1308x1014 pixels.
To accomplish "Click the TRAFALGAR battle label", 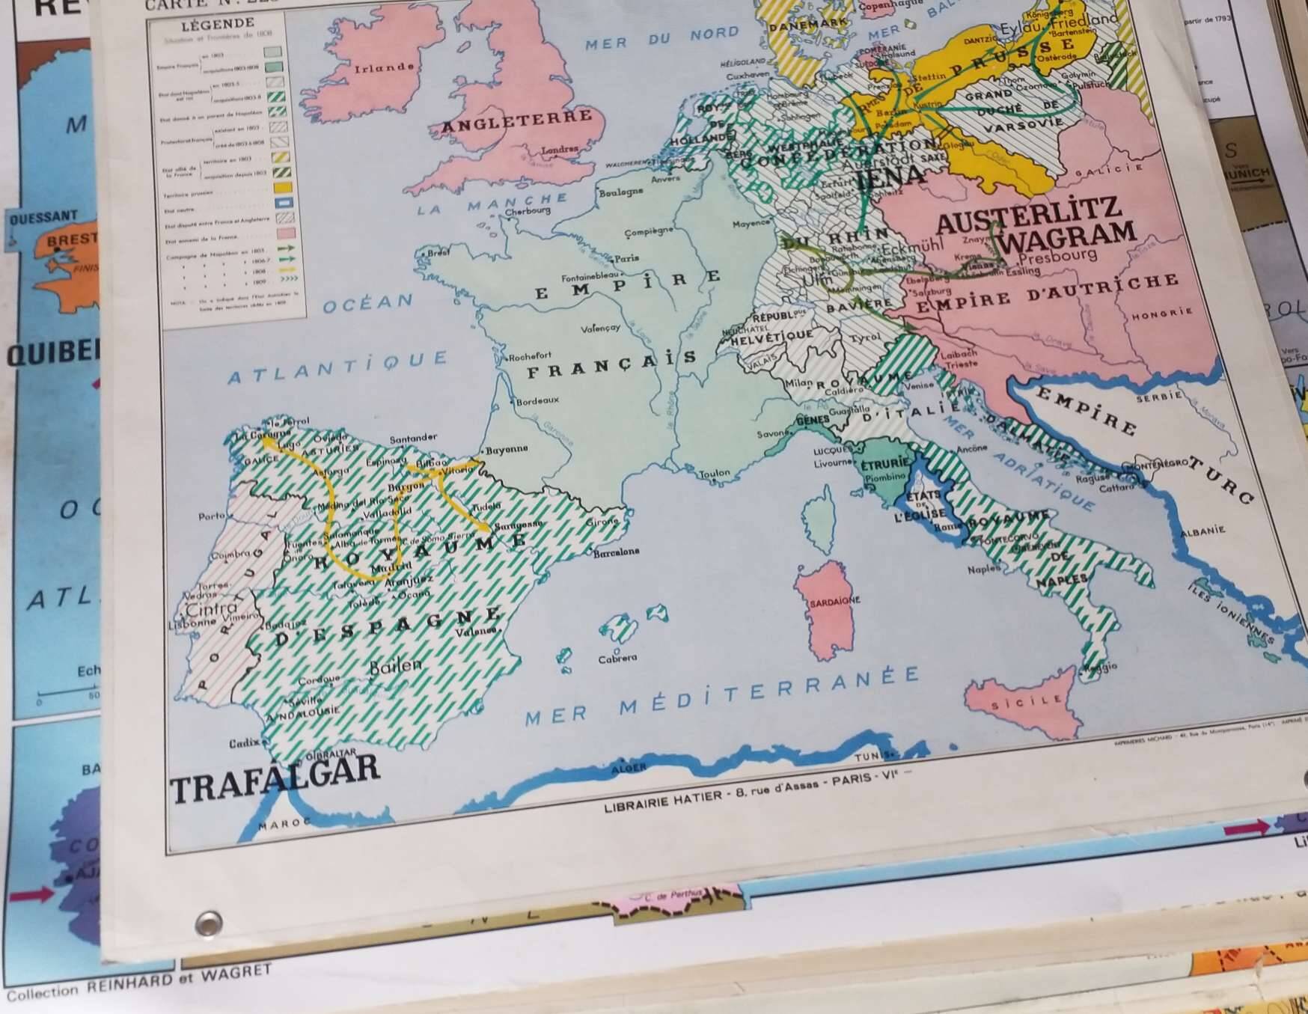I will (x=275, y=779).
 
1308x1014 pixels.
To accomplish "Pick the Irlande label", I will (x=384, y=68).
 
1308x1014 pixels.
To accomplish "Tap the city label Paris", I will (x=626, y=259).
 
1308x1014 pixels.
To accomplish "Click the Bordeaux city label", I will (x=537, y=401).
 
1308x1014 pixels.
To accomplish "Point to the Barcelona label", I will (x=616, y=552).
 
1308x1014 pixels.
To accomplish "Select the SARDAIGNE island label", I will (x=834, y=601).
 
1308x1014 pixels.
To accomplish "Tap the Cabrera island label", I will (x=617, y=659).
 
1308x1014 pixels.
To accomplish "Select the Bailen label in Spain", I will (x=396, y=665).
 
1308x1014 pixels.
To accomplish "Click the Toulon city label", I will (x=714, y=473).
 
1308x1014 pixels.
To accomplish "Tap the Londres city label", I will (x=559, y=150).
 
